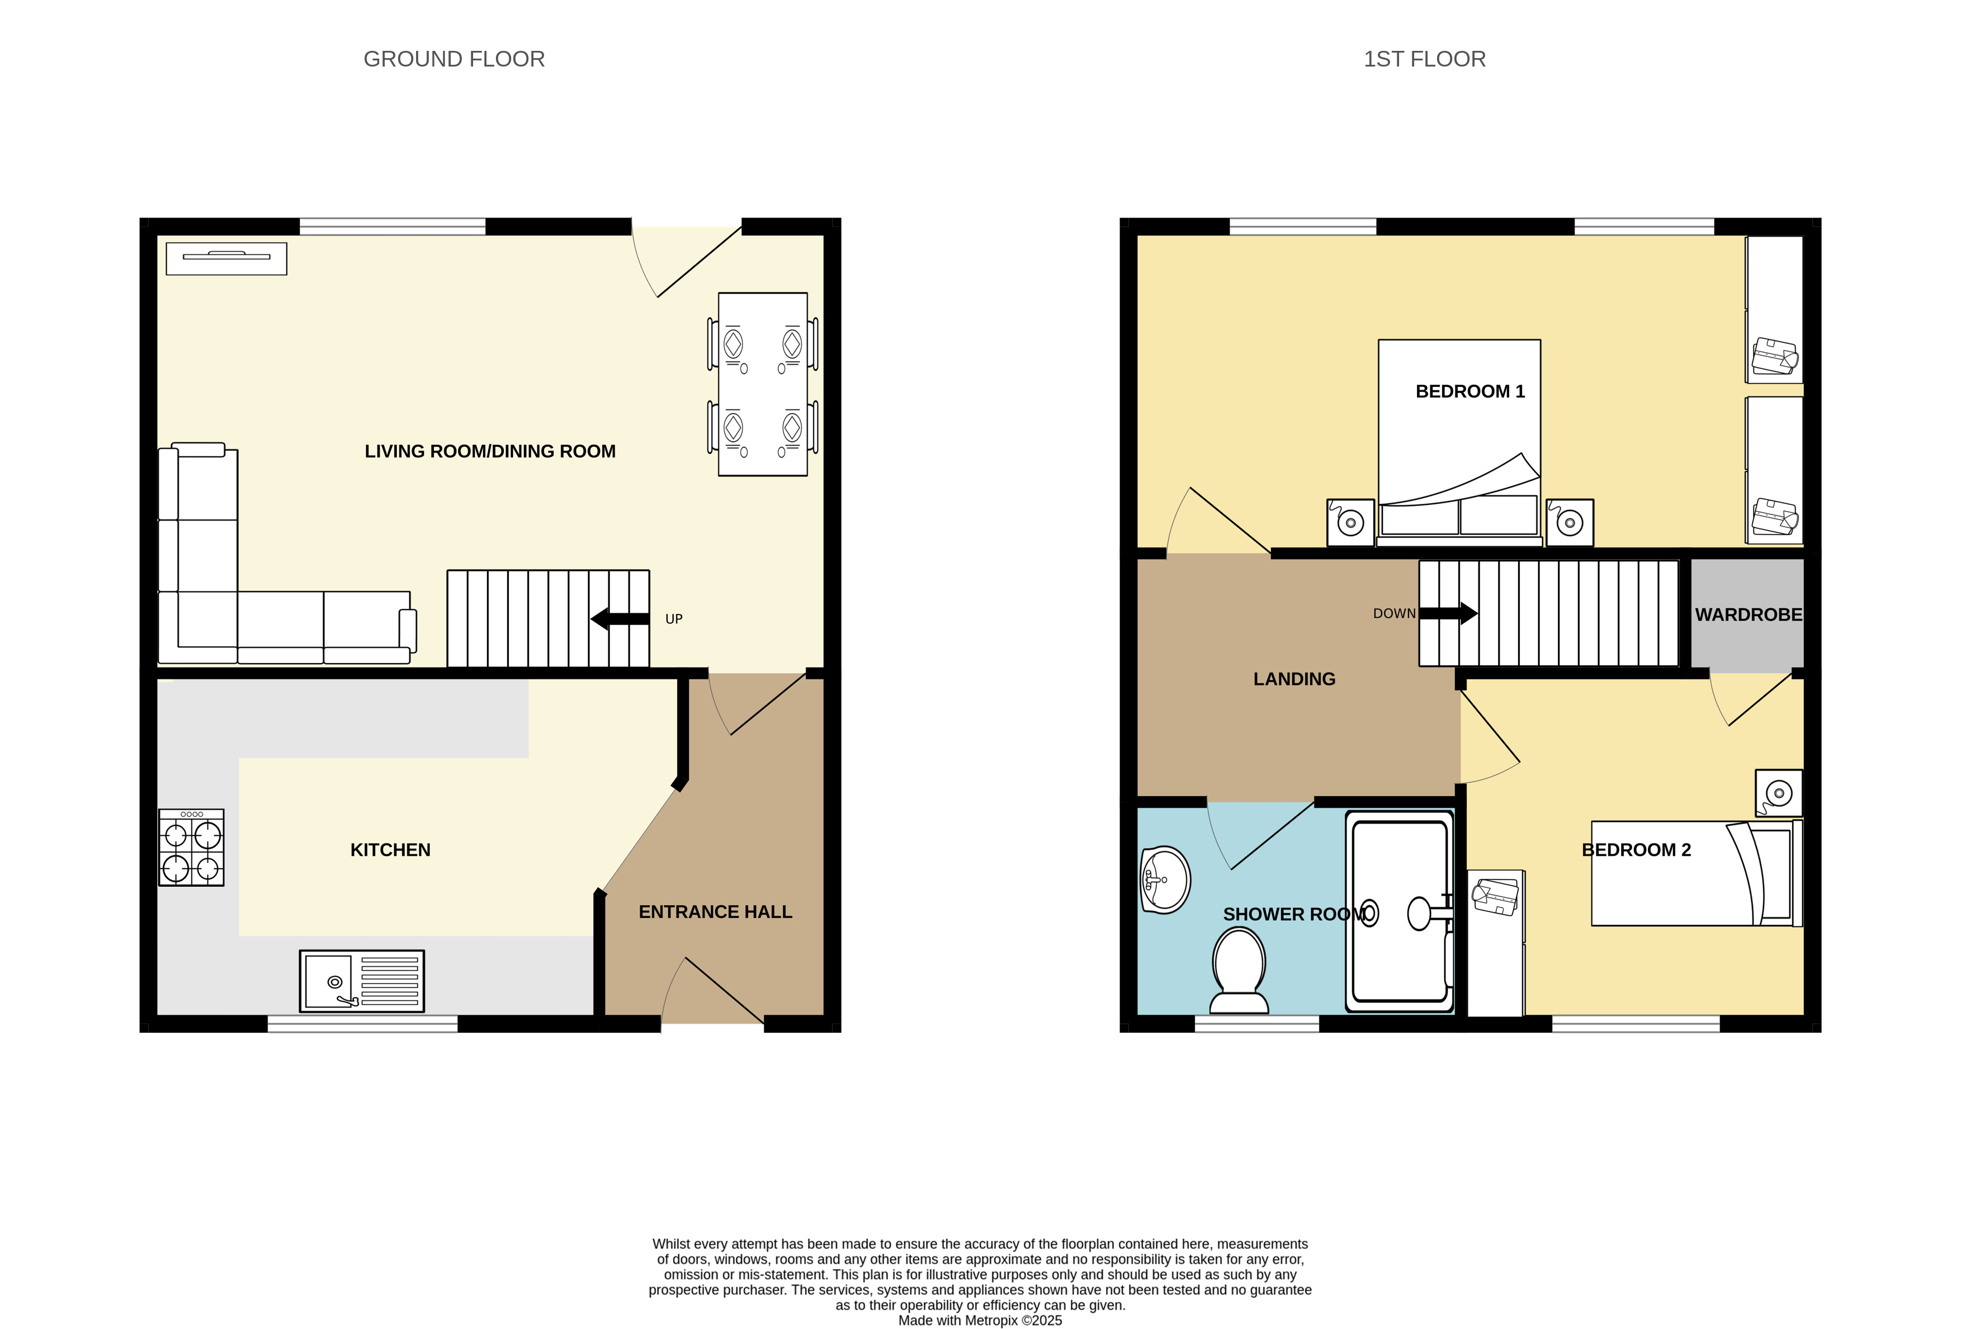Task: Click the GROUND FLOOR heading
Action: (x=454, y=59)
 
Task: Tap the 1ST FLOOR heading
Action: (x=1424, y=59)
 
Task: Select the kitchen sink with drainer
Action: (x=362, y=981)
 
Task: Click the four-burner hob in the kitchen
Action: (x=192, y=847)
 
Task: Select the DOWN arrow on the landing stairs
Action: (x=1448, y=613)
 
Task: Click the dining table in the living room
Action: (x=763, y=384)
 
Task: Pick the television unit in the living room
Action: (x=226, y=258)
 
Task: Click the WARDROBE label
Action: (x=1749, y=615)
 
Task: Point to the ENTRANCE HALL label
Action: (x=716, y=912)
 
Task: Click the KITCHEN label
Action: (x=391, y=850)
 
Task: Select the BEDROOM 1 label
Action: (x=1470, y=391)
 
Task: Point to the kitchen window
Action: (x=363, y=1024)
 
